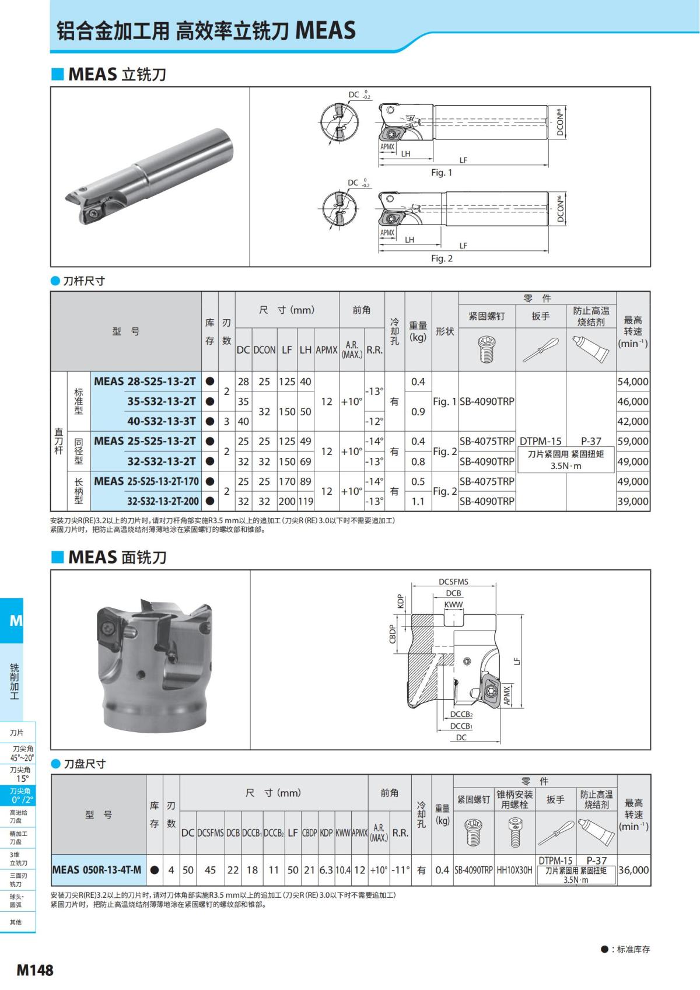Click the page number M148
(35, 970)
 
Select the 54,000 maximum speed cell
(633, 382)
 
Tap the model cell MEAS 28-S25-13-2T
(145, 382)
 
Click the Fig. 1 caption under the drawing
(442, 173)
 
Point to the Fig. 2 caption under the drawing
(442, 258)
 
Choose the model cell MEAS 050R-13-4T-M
(97, 870)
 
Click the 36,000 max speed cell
(633, 870)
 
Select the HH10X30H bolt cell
(514, 870)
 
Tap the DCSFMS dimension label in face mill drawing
(453, 582)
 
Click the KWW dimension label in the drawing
(453, 605)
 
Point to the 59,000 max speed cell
(633, 441)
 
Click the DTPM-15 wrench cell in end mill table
(540, 442)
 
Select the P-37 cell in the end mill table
(591, 442)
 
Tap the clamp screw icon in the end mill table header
(487, 349)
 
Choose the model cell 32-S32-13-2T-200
(163, 501)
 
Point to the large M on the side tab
(16, 621)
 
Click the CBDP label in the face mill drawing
(393, 634)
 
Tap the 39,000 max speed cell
(633, 501)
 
